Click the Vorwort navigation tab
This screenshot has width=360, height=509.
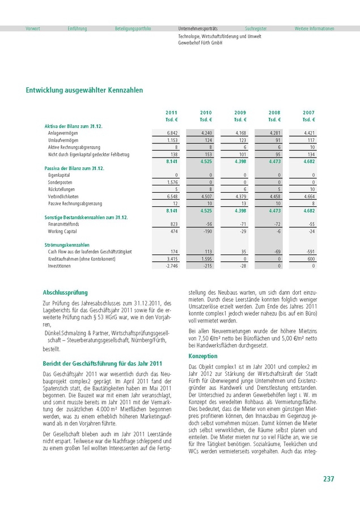pyautogui.click(x=33, y=28)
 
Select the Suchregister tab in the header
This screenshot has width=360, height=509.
pyautogui.click(x=256, y=28)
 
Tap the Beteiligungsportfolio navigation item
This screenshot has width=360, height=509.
pyautogui.click(x=133, y=28)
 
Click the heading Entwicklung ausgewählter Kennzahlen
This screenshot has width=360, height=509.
pyautogui.click(x=84, y=90)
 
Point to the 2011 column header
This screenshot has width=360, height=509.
pyautogui.click(x=171, y=113)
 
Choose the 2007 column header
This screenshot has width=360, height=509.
pyautogui.click(x=308, y=113)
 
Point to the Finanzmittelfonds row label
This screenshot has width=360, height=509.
pyautogui.click(x=66, y=224)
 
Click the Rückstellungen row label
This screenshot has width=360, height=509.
pyautogui.click(x=63, y=189)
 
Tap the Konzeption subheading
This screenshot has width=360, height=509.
pyautogui.click(x=202, y=340)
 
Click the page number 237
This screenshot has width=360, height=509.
pyautogui.click(x=328, y=479)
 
